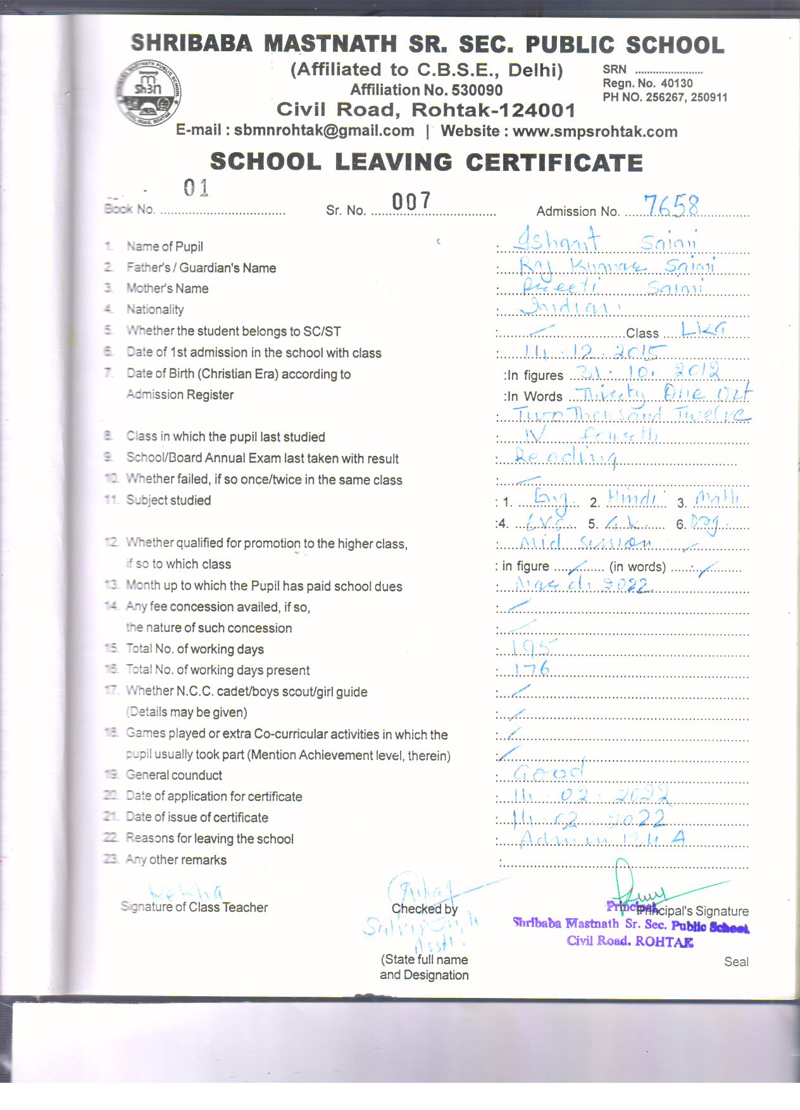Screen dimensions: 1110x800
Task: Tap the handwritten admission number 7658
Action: click(x=671, y=206)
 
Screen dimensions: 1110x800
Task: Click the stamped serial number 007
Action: click(x=411, y=201)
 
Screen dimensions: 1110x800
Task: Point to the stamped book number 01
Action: click(x=196, y=188)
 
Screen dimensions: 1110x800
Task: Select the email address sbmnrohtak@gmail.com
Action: click(x=324, y=131)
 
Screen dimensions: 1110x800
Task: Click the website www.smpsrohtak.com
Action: click(x=595, y=132)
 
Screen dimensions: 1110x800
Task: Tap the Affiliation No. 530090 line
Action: click(x=427, y=90)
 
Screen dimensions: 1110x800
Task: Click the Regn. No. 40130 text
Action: click(x=647, y=84)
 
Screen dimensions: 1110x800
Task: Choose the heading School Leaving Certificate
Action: click(x=427, y=162)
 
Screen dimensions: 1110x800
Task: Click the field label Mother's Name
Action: click(x=167, y=289)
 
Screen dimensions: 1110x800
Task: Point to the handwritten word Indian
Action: click(x=563, y=308)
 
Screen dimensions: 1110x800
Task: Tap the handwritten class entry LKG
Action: click(x=703, y=329)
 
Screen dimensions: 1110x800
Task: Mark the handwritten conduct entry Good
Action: click(x=548, y=771)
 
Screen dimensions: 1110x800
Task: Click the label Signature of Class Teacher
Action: click(x=194, y=907)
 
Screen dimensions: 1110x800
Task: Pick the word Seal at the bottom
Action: click(x=736, y=962)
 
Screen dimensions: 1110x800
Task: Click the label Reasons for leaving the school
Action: click(x=209, y=839)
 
